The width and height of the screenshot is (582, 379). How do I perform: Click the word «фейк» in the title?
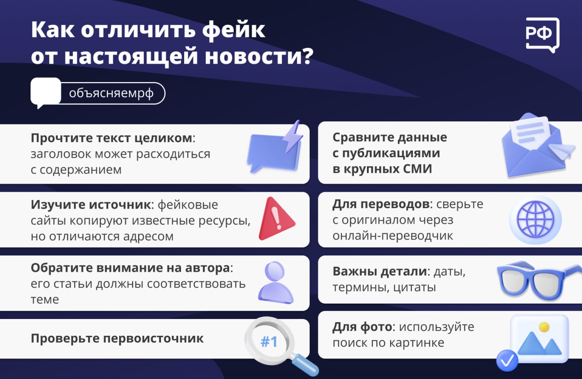[234, 30]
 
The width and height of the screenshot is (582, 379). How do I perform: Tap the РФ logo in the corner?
[542, 35]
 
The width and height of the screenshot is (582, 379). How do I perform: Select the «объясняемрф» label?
[111, 93]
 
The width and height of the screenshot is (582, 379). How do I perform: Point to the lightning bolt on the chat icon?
[293, 136]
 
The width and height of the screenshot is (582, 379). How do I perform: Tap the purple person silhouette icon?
[276, 283]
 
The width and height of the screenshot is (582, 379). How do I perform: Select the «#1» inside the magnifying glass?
[269, 341]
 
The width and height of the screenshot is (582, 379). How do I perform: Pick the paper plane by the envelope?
[561, 150]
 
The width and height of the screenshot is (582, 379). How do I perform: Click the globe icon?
[535, 219]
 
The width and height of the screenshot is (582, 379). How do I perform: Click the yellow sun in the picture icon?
[544, 327]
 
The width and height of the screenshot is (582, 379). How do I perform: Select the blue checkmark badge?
[507, 360]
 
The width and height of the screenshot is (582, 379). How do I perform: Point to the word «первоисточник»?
[153, 339]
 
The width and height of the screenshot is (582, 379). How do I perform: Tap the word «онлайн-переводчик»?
[392, 236]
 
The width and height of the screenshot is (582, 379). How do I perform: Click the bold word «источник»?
[120, 204]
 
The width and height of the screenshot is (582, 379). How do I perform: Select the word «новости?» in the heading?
[259, 56]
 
